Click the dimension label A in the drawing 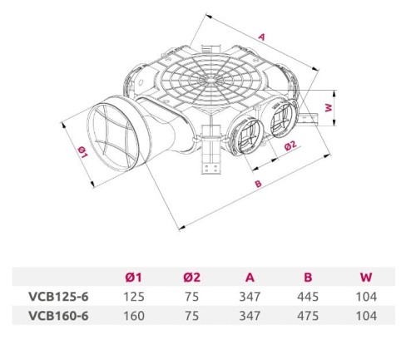pyautogui.click(x=260, y=37)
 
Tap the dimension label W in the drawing pyautogui.click(x=329, y=107)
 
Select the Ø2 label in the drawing pyautogui.click(x=290, y=146)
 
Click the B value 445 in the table pyautogui.click(x=307, y=297)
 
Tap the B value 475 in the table pyautogui.click(x=307, y=315)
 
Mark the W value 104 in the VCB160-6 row pyautogui.click(x=366, y=315)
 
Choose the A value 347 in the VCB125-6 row pyautogui.click(x=249, y=297)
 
